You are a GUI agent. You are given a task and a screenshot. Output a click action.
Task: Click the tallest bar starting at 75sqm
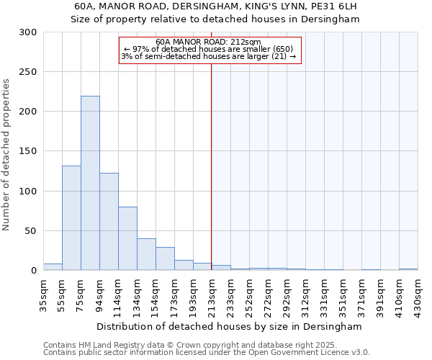pos(90,184)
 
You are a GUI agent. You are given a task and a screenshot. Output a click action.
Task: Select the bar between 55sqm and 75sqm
pos(71,218)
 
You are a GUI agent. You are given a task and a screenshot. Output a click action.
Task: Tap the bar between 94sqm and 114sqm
pos(109,222)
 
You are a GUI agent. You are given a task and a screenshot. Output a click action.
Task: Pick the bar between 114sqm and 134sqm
pos(127,238)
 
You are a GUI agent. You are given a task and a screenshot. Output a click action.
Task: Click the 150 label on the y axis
pos(28,152)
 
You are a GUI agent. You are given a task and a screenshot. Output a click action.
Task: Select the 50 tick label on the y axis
pos(31,231)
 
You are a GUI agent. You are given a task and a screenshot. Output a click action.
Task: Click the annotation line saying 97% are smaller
pos(209,50)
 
